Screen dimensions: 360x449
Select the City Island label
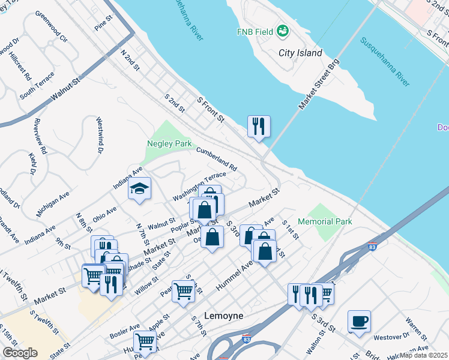(300, 53)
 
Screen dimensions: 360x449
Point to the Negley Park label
(169, 143)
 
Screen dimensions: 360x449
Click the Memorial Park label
(325, 221)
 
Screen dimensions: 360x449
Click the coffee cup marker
(359, 321)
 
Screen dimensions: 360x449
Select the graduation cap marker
(139, 189)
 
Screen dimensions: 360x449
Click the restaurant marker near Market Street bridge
(259, 126)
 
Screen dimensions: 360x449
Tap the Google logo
(20, 353)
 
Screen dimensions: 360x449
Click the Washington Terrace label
(199, 187)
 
